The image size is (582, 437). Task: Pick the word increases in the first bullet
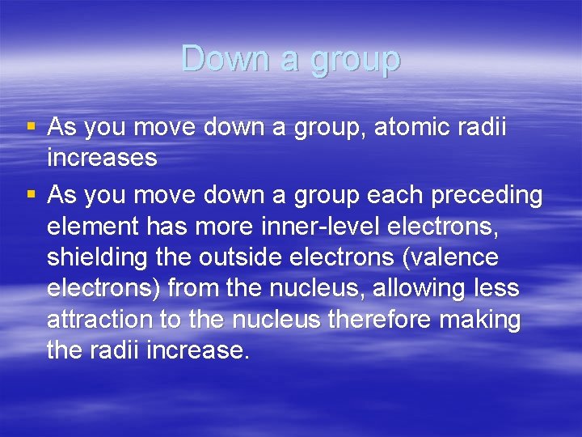pyautogui.click(x=102, y=158)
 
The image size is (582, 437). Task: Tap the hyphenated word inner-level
pyautogui.click(x=319, y=227)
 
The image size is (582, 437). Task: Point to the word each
pyautogui.click(x=372, y=196)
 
